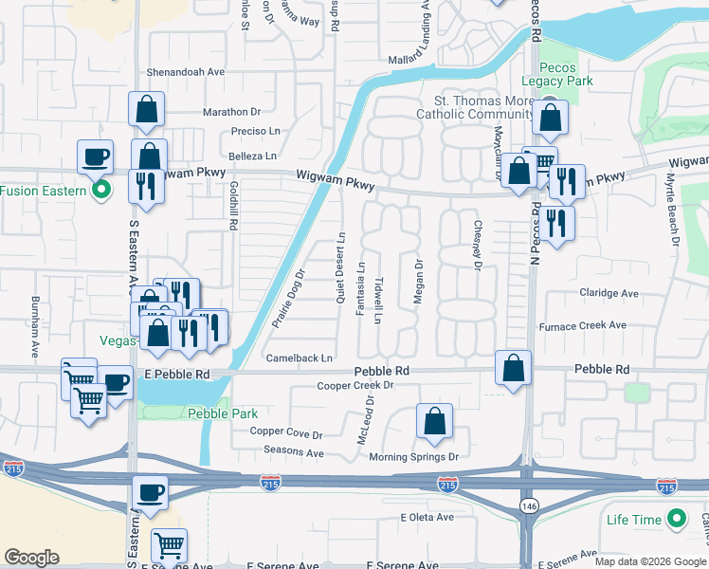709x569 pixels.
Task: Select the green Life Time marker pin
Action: (677, 519)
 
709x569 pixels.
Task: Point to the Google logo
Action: (31, 557)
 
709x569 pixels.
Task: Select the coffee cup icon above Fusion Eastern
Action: (96, 156)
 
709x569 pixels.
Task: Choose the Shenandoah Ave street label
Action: (186, 71)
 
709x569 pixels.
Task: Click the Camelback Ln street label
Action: (300, 358)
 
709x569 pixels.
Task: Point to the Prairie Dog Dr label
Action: (288, 298)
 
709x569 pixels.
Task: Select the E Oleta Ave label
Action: (427, 517)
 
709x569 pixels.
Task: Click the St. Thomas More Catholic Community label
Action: (469, 108)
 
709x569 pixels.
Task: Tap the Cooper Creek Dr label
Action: (354, 386)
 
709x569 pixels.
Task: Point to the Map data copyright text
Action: (649, 561)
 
